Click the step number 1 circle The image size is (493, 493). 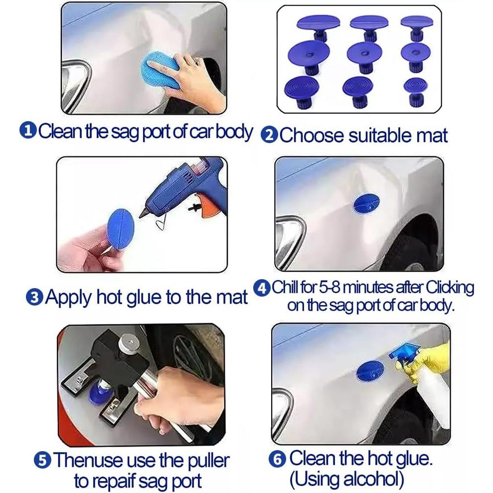coord(28,131)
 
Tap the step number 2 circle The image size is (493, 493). coord(270,136)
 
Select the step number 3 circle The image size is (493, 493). coord(34,298)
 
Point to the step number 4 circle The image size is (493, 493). coord(263,288)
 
